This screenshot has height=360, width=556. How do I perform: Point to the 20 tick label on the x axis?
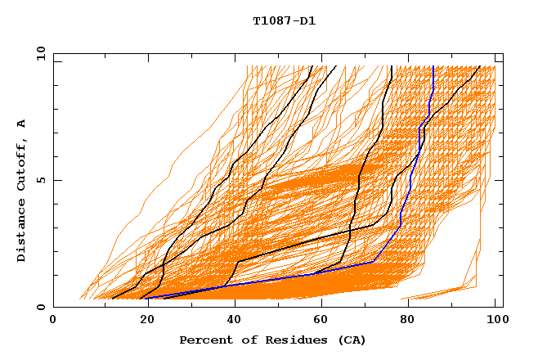click(x=141, y=321)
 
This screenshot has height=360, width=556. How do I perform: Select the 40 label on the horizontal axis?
click(x=230, y=321)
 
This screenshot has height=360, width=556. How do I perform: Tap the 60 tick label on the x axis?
click(x=318, y=321)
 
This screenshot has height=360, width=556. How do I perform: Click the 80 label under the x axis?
click(x=406, y=321)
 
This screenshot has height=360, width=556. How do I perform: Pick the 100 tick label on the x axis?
click(x=495, y=321)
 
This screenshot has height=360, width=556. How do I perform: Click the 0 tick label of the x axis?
click(x=53, y=321)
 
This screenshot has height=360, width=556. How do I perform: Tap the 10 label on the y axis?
click(x=38, y=53)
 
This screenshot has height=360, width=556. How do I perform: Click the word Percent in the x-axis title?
click(x=202, y=340)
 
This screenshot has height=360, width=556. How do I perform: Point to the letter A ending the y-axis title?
click(x=21, y=123)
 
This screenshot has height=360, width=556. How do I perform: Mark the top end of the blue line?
click(x=433, y=67)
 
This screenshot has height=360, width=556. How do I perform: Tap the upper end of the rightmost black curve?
click(x=480, y=67)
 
